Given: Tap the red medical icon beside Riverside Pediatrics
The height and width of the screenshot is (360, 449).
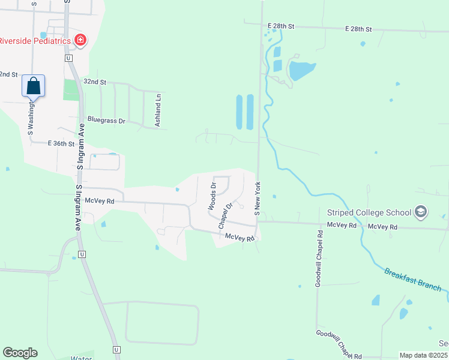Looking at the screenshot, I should (x=80, y=41).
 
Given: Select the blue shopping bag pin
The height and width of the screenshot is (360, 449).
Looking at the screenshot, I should (x=34, y=86).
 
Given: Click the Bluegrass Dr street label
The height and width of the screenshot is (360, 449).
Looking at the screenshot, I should (x=106, y=121).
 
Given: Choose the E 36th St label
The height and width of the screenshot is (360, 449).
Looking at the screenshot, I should (x=61, y=144).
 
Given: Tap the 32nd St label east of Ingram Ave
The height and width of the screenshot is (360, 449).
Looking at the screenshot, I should (x=95, y=82).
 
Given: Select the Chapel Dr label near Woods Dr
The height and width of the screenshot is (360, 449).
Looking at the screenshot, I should (x=225, y=215).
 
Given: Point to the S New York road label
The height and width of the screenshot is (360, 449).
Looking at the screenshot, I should (x=257, y=199).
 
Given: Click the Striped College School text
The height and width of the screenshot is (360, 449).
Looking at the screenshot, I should (x=369, y=212).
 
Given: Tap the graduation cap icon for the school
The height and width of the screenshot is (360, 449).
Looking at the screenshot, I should (x=421, y=212).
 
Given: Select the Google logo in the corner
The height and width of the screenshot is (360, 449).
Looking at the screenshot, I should (x=20, y=353).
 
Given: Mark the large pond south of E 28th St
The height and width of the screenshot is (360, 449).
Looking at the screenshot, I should (x=301, y=70).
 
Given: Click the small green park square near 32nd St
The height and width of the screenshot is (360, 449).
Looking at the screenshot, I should (x=71, y=90).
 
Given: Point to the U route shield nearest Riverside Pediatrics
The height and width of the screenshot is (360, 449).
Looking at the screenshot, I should (x=69, y=58).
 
